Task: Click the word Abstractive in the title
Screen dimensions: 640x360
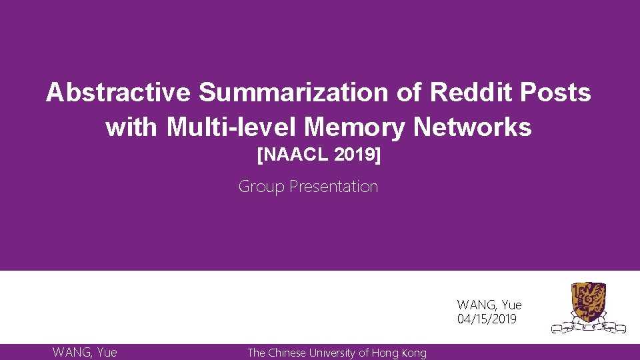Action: coord(118,93)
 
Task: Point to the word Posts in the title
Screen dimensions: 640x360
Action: coord(559,93)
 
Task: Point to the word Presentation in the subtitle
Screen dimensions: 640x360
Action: coord(334,187)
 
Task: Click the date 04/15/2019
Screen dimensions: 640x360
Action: coord(487,319)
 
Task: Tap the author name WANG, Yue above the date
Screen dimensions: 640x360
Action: coord(489,305)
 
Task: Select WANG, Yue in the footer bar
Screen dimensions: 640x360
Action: coord(85,352)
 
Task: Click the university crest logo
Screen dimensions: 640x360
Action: coord(589,307)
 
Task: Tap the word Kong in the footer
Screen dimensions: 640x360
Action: coord(413,353)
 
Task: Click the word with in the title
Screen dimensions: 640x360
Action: coord(132,127)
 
